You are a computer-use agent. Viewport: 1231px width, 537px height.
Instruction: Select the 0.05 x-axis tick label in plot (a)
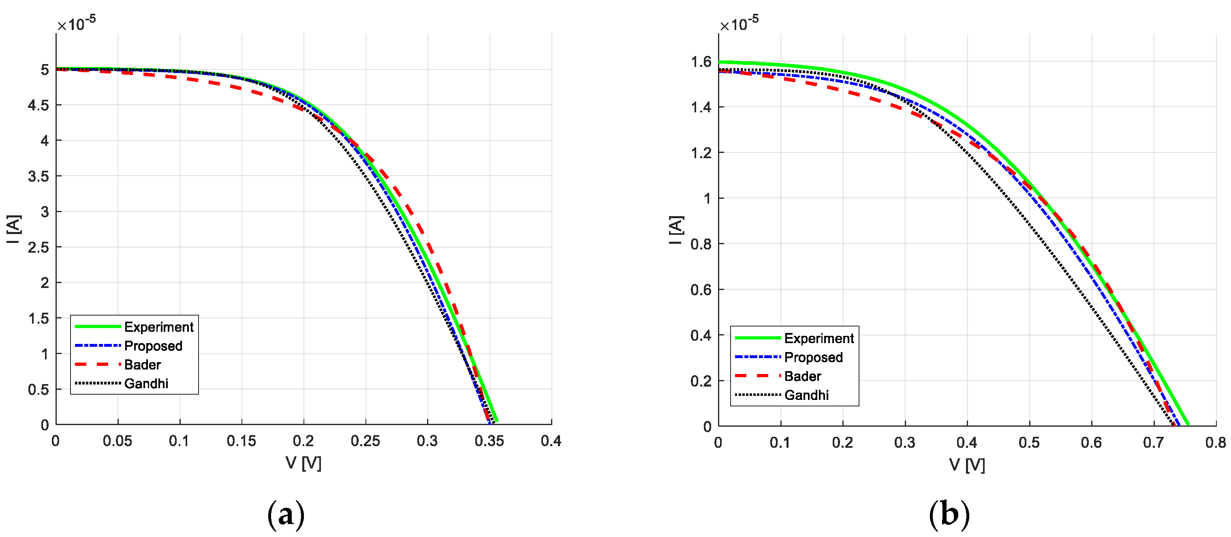(118, 441)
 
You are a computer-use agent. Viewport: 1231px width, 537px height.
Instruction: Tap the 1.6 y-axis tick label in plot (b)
(701, 62)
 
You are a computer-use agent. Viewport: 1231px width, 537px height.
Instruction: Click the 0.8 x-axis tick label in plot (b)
(1215, 442)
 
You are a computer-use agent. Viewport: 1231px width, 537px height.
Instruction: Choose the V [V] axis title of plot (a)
(303, 463)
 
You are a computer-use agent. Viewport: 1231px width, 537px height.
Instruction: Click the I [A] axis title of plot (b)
(676, 230)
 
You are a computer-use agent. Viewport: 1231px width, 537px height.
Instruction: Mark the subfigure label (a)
(286, 515)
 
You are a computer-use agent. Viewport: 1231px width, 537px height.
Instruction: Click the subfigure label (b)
(949, 515)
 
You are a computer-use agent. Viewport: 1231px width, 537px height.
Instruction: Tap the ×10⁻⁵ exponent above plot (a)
(77, 22)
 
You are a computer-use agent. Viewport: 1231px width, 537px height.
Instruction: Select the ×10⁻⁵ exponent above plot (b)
(739, 22)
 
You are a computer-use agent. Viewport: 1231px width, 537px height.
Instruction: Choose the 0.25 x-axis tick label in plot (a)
(365, 441)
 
